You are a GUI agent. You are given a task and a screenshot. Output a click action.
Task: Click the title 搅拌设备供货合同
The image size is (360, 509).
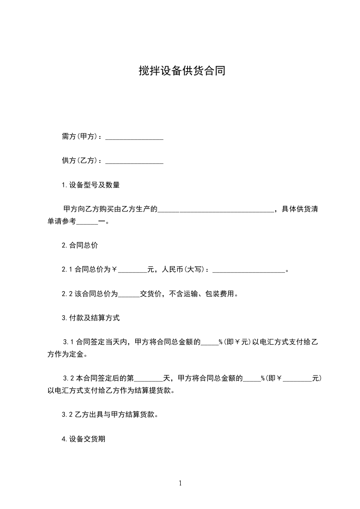click(182, 71)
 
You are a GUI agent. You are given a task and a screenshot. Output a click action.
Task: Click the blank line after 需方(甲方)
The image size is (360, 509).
click(134, 137)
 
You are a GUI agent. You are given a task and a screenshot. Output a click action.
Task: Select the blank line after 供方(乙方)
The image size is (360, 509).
click(134, 161)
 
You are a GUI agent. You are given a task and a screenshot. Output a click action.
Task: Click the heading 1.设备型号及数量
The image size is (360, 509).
click(91, 185)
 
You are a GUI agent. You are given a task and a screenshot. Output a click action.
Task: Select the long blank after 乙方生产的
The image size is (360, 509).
click(216, 210)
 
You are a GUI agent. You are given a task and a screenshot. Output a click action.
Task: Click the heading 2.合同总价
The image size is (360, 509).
click(80, 245)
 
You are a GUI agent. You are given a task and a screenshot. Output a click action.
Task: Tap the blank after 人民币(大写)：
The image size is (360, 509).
click(249, 270)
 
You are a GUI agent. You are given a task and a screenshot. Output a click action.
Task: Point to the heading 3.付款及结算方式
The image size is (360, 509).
click(91, 318)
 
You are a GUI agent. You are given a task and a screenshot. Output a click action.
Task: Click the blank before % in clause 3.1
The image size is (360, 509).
click(209, 342)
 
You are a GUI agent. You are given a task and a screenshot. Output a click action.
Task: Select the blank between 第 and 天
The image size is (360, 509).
click(149, 378)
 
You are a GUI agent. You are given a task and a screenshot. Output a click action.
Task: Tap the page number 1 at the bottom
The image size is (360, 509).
click(180, 483)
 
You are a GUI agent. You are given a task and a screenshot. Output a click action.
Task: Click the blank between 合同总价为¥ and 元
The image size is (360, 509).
click(133, 270)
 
